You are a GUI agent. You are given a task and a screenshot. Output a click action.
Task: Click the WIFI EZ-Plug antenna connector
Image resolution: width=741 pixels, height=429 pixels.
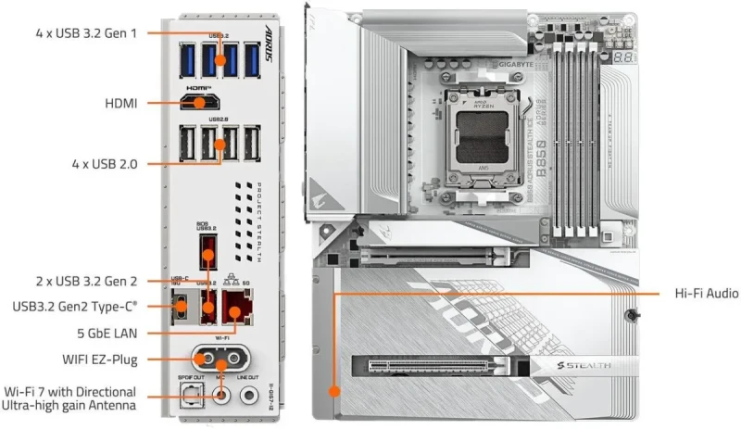pyautogui.click(x=220, y=359)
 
